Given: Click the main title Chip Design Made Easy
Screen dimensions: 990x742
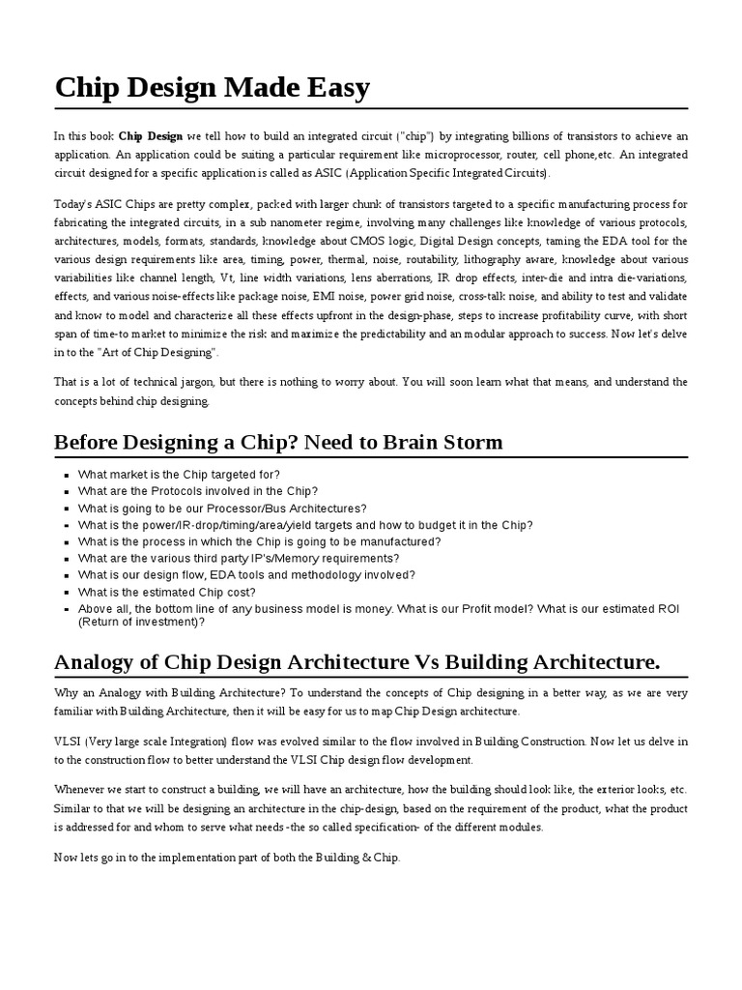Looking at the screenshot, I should (x=212, y=88).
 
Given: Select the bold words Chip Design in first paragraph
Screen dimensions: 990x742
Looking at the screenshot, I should (x=151, y=136).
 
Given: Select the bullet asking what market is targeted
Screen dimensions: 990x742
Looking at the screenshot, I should (x=179, y=475).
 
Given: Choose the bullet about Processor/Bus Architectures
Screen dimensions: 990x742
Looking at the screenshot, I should (x=222, y=509).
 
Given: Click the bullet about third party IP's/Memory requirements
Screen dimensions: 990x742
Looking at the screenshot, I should (x=239, y=559).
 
